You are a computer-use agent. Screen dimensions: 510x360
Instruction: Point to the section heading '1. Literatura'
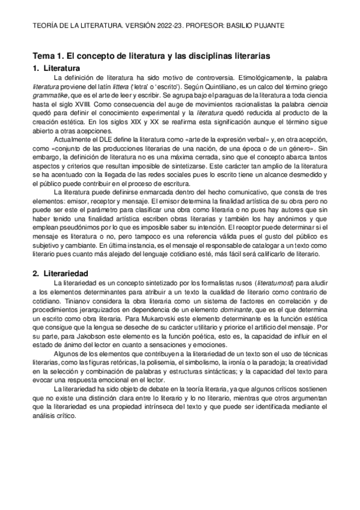pos(56,68)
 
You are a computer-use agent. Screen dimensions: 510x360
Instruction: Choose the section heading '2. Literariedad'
pos(61,256)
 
